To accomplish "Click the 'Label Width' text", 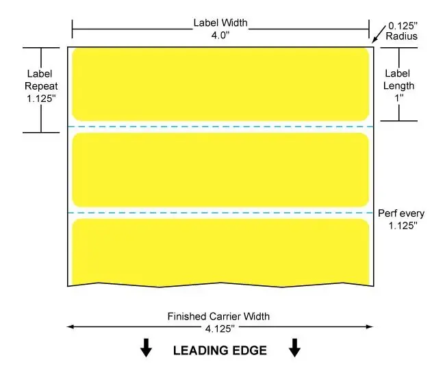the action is click(220, 23).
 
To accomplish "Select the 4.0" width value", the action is click(220, 35).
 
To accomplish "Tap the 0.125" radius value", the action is click(403, 26).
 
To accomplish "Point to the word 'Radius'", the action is click(402, 36).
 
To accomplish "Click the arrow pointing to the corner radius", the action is click(379, 34).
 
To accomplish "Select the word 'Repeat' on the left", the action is click(41, 86).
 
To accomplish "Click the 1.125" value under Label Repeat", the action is click(41, 99).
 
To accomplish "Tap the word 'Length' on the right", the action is click(398, 86).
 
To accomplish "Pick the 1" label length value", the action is click(399, 98).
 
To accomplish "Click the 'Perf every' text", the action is click(401, 213).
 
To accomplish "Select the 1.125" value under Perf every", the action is click(403, 226).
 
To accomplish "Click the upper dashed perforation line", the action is click(220, 127).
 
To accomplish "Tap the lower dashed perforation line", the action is click(220, 213).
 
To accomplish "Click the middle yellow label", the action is click(220, 170).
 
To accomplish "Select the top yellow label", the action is click(220, 84).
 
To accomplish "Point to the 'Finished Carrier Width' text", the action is click(218, 316).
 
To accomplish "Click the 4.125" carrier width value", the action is click(220, 329).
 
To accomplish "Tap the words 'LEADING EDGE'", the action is click(220, 350).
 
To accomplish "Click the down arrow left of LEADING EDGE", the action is click(146, 348).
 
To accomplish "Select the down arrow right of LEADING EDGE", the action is click(294, 348).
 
